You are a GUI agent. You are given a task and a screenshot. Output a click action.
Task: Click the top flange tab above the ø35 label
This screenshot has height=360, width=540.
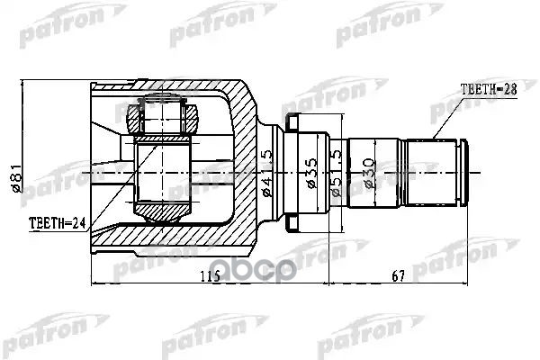click(x=292, y=121)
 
